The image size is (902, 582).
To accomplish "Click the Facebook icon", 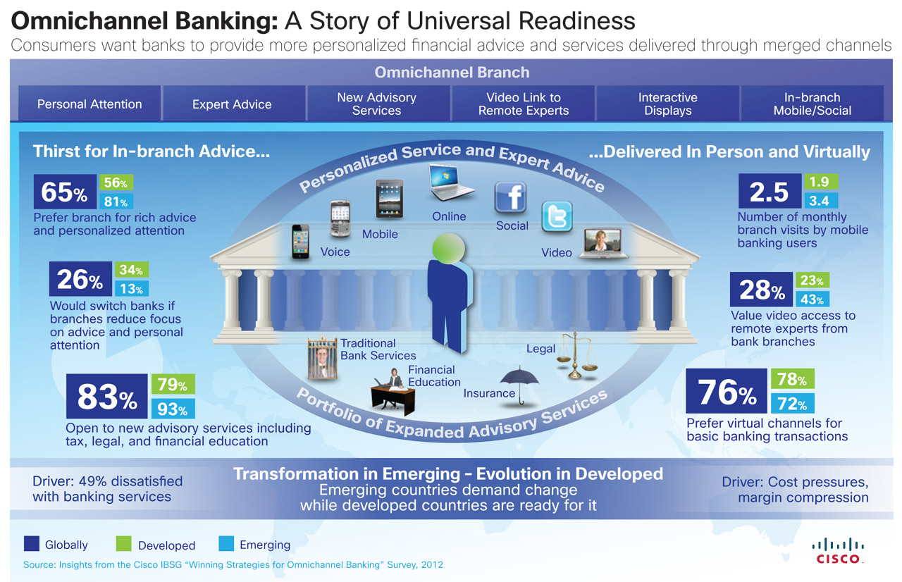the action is point(510,197).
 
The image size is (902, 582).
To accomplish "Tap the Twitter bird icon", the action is point(557,216).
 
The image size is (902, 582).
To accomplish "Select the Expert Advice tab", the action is point(232,104).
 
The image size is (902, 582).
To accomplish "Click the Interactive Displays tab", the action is point(667,104).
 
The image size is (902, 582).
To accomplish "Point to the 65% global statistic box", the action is point(65,192).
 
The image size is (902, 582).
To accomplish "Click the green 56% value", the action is point(116,182).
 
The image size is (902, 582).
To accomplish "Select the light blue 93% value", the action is point(173,409).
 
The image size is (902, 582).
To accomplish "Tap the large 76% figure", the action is point(727,391).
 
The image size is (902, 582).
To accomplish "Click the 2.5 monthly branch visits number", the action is point(770,191).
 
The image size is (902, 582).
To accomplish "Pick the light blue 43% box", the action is point(813,299).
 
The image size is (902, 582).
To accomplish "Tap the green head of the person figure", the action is point(448,248).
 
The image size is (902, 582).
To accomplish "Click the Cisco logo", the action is point(838,550).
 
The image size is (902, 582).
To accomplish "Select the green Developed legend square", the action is point(123,543).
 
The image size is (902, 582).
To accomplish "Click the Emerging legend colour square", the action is point(226,543).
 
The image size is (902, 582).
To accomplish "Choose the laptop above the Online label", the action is point(450,182).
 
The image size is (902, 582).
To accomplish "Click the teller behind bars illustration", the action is point(322,359).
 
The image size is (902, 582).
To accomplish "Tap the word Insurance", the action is point(489,393).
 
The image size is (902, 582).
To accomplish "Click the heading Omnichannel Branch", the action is point(452,73).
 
